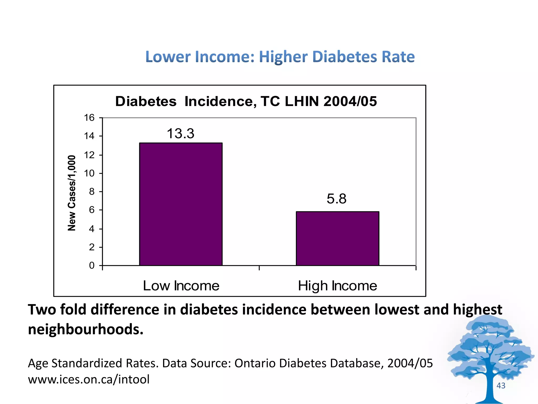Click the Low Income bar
coord(181,204)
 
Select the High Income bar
coord(337,238)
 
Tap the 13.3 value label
coord(180,134)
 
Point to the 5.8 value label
coord(337,199)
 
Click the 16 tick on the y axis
coord(89,118)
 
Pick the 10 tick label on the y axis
coord(89,173)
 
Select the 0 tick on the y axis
coord(92,265)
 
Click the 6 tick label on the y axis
coord(92,210)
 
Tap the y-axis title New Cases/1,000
coord(72,193)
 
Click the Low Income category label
coord(181,286)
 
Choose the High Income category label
coord(337,286)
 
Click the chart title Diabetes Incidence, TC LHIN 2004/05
coord(246,101)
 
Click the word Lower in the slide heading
coord(168,57)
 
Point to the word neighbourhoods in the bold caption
coord(86,329)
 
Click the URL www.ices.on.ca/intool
coord(89,379)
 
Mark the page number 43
coord(501,386)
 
